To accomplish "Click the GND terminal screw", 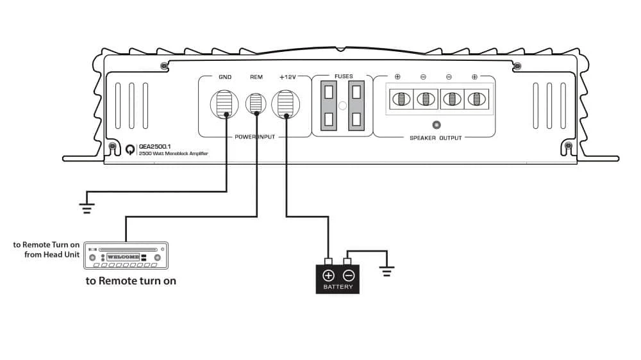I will [225, 104].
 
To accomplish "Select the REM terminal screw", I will [256, 104].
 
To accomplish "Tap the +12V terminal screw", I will [285, 104].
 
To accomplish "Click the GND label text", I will [225, 78].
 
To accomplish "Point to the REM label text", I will [256, 78].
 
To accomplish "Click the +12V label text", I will [287, 78].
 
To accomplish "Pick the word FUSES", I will [344, 76].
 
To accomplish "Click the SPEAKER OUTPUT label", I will [435, 138].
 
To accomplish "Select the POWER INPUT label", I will [255, 137].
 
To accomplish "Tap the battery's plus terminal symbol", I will [328, 275].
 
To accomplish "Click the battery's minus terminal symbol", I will [348, 275].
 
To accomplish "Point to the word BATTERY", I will [338, 287].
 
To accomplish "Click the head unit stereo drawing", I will [126, 256].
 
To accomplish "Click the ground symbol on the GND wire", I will [87, 206].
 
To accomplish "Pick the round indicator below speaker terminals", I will [437, 125].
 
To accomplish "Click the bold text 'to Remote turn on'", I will [131, 281].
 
